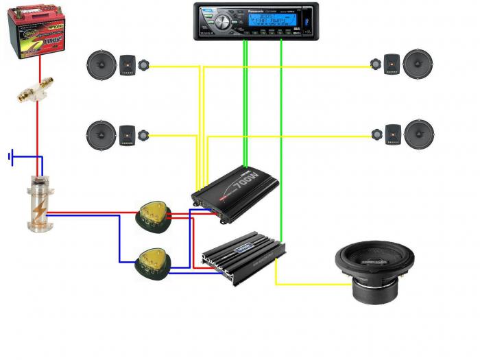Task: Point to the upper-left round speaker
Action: point(101,65)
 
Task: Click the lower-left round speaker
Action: point(101,134)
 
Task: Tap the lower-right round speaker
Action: point(419,134)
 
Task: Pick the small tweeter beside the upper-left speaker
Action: point(144,66)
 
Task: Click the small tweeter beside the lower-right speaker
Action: point(376,134)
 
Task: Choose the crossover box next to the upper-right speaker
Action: point(392,64)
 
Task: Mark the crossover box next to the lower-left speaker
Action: point(127,134)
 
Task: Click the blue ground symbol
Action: point(11,158)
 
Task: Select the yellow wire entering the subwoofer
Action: point(309,284)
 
